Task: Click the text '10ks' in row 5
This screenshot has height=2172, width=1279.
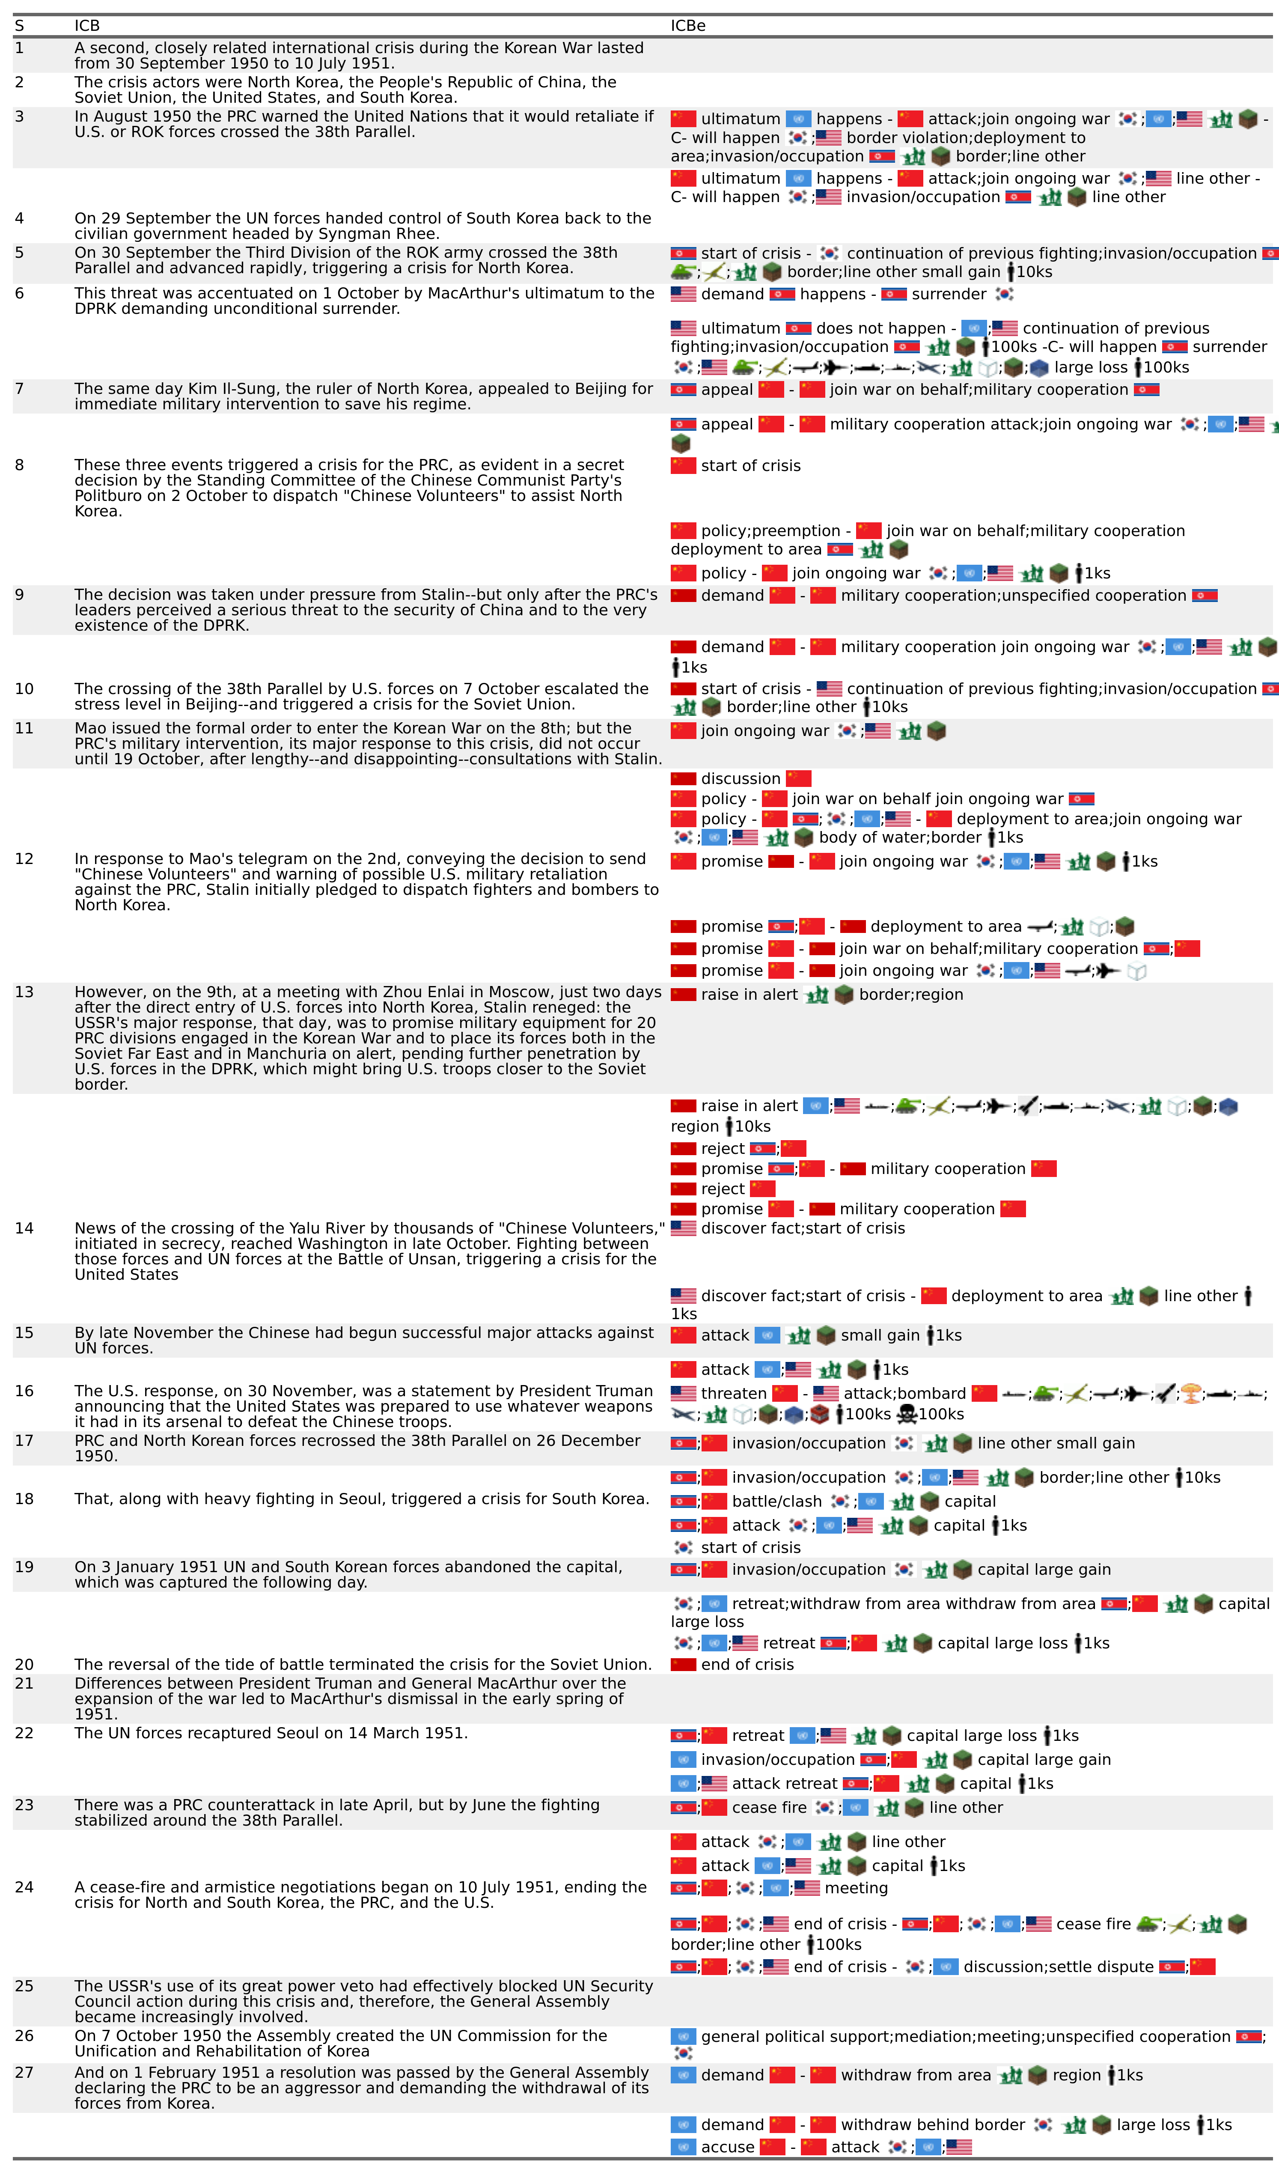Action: pos(1034,272)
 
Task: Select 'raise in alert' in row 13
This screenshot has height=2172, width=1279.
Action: pos(749,995)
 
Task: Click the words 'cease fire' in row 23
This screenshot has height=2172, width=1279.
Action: pos(769,1807)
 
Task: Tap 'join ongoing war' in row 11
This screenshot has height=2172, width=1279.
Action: pos(764,731)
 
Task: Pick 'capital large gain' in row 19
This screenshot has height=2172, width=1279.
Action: pos(1044,1570)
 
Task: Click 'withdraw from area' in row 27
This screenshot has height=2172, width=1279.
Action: pos(915,2076)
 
